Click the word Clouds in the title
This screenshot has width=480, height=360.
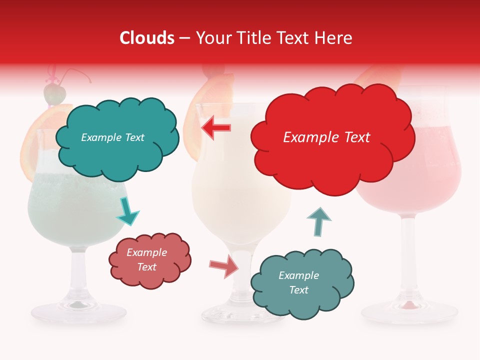pos(147,38)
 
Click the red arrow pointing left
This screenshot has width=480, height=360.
pos(216,127)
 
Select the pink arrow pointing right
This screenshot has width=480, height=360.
pos(223,266)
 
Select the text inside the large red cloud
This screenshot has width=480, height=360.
pos(326,137)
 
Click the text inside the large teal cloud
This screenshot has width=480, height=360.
pos(112,137)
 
